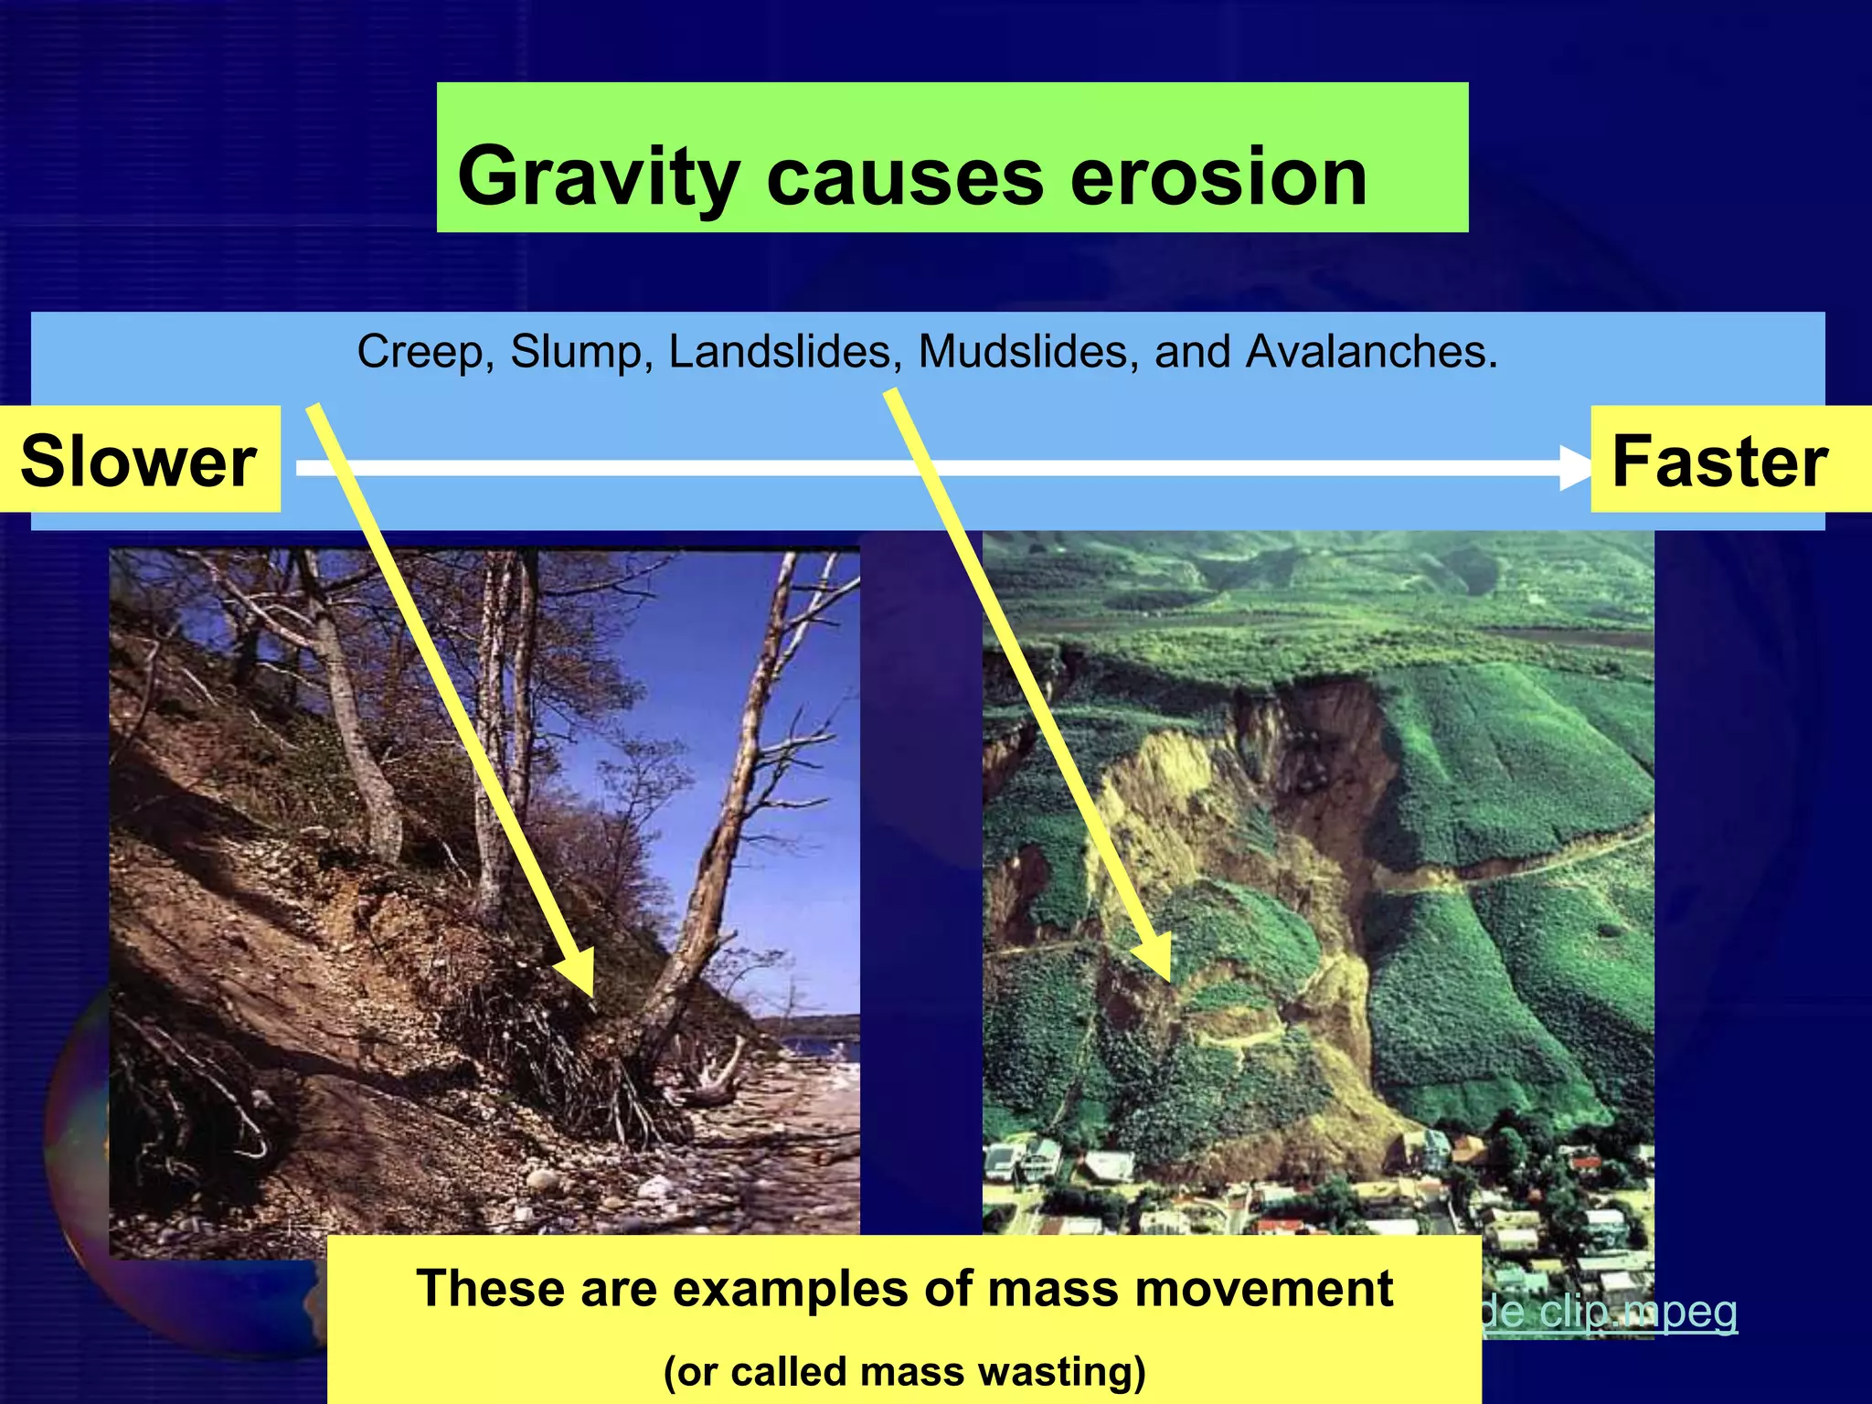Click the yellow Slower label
tap(139, 461)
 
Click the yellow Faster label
tap(1719, 461)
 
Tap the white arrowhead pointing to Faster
tap(1574, 468)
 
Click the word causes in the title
tap(904, 178)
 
